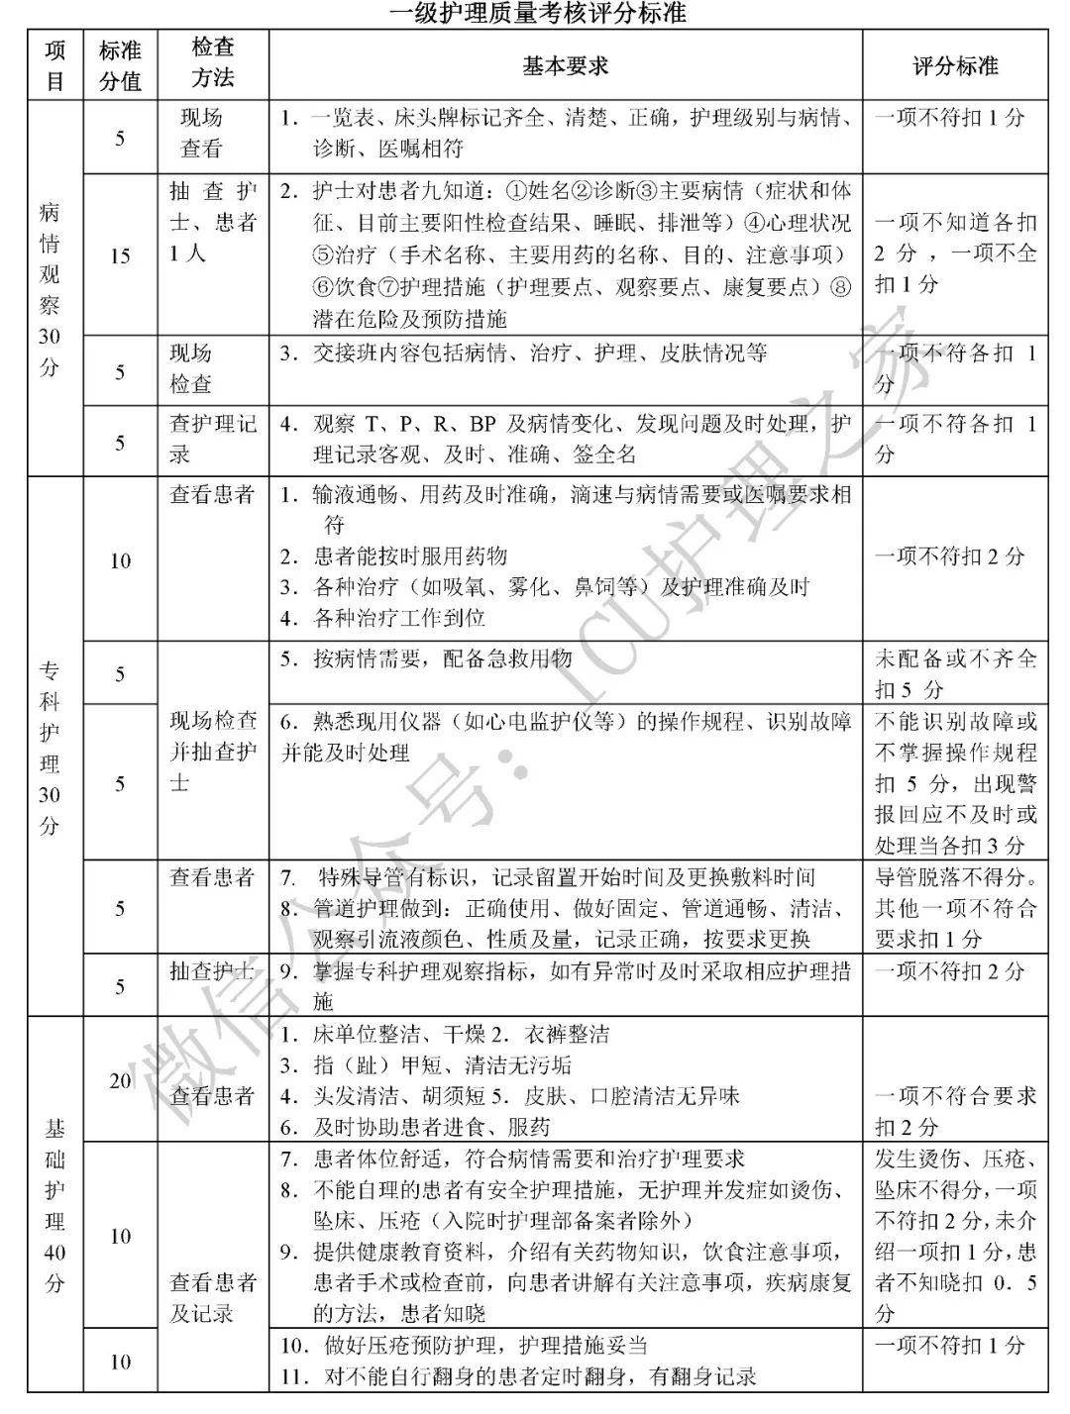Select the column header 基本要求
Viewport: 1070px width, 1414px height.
click(x=565, y=65)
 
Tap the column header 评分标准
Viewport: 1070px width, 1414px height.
click(x=954, y=65)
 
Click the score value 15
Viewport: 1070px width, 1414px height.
click(x=120, y=256)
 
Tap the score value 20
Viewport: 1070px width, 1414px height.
click(x=120, y=1080)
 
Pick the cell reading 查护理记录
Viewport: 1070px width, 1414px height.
click(x=213, y=440)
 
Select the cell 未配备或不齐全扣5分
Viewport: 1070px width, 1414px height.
click(x=954, y=673)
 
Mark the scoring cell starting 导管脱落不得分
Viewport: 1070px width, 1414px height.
click(x=954, y=907)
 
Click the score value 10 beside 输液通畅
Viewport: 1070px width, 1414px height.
click(x=120, y=561)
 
